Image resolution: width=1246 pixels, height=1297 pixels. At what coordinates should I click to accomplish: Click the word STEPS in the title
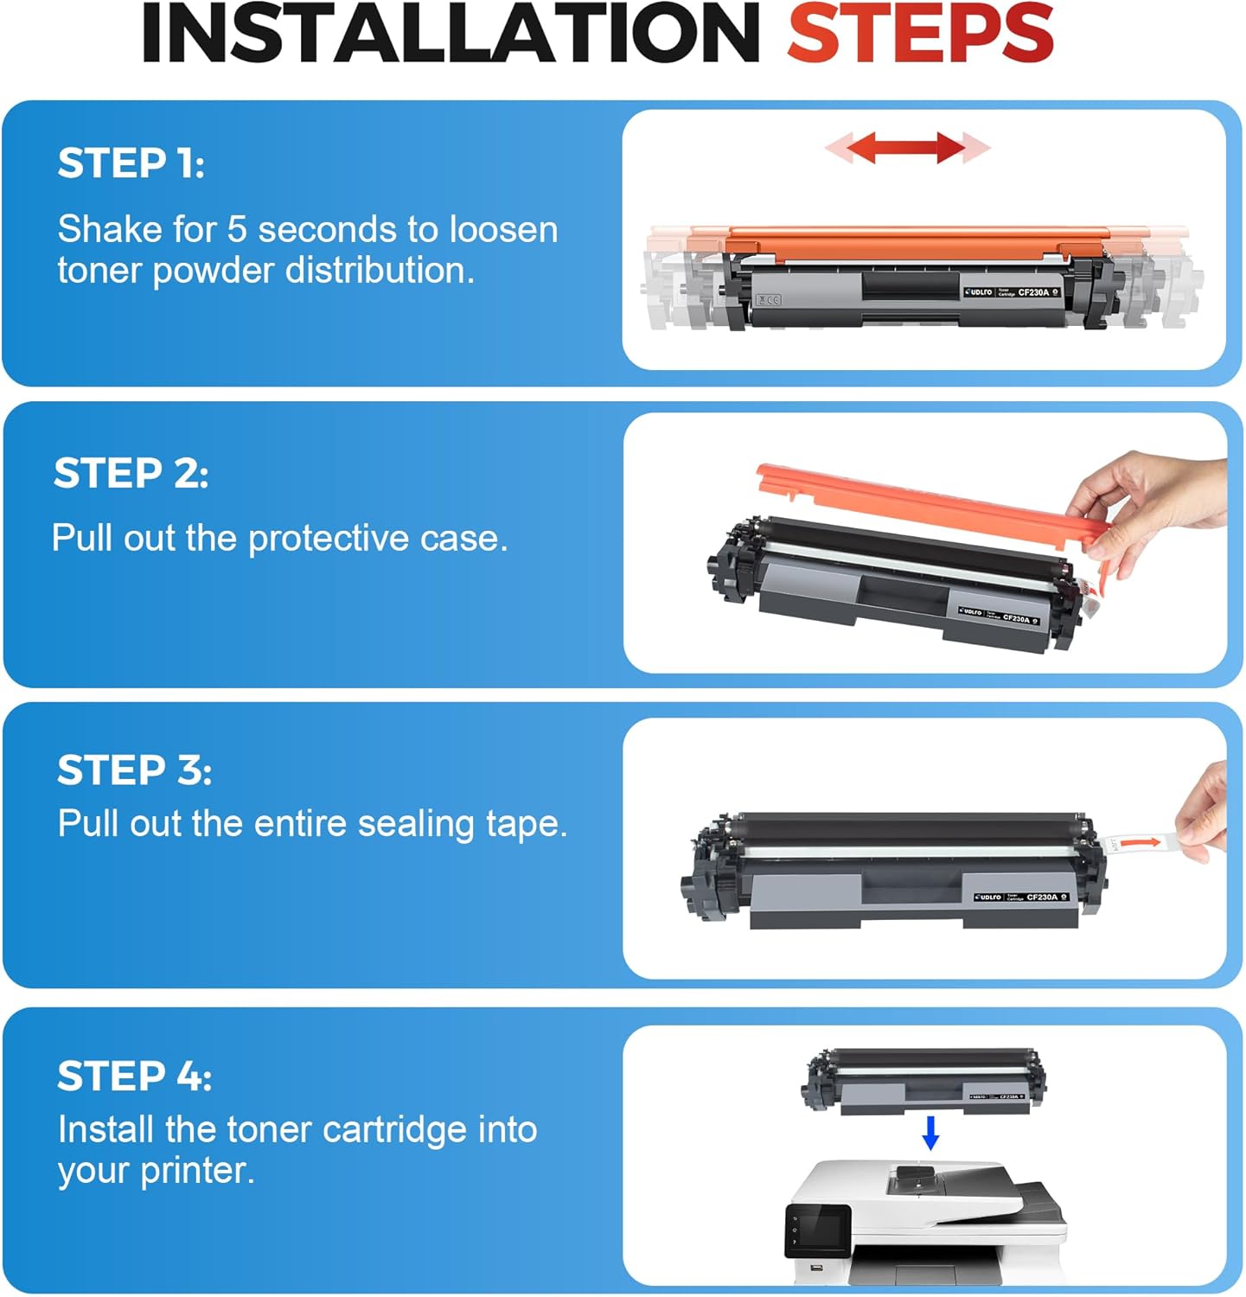coord(919,33)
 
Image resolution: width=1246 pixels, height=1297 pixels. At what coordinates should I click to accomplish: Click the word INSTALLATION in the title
coord(450,33)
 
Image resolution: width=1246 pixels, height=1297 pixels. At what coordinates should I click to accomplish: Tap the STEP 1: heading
coord(131,163)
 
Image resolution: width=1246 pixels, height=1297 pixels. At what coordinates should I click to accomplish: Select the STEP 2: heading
coord(131,473)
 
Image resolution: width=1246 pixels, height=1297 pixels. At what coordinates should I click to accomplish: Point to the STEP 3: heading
coord(134,770)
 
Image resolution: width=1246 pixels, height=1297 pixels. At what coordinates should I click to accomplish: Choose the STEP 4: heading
coord(134,1077)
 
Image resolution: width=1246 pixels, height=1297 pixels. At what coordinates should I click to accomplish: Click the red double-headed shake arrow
coord(906,147)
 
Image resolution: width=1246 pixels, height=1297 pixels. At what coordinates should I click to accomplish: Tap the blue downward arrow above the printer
coord(930,1132)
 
